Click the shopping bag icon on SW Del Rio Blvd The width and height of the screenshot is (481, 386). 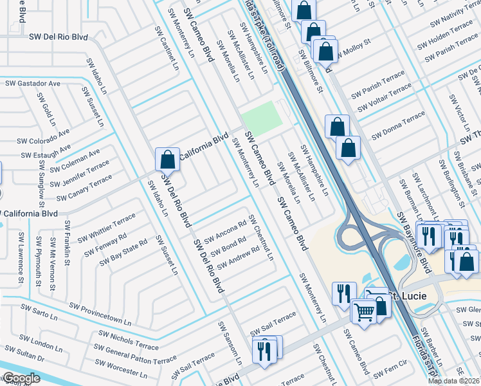pyautogui.click(x=167, y=159)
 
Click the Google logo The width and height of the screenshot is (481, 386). pyautogui.click(x=21, y=378)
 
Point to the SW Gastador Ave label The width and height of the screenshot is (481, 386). pyautogui.click(x=33, y=84)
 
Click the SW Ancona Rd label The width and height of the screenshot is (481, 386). pyautogui.click(x=225, y=232)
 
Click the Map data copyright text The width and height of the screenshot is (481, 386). pyautogui.click(x=453, y=381)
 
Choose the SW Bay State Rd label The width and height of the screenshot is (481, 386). pyautogui.click(x=123, y=252)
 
